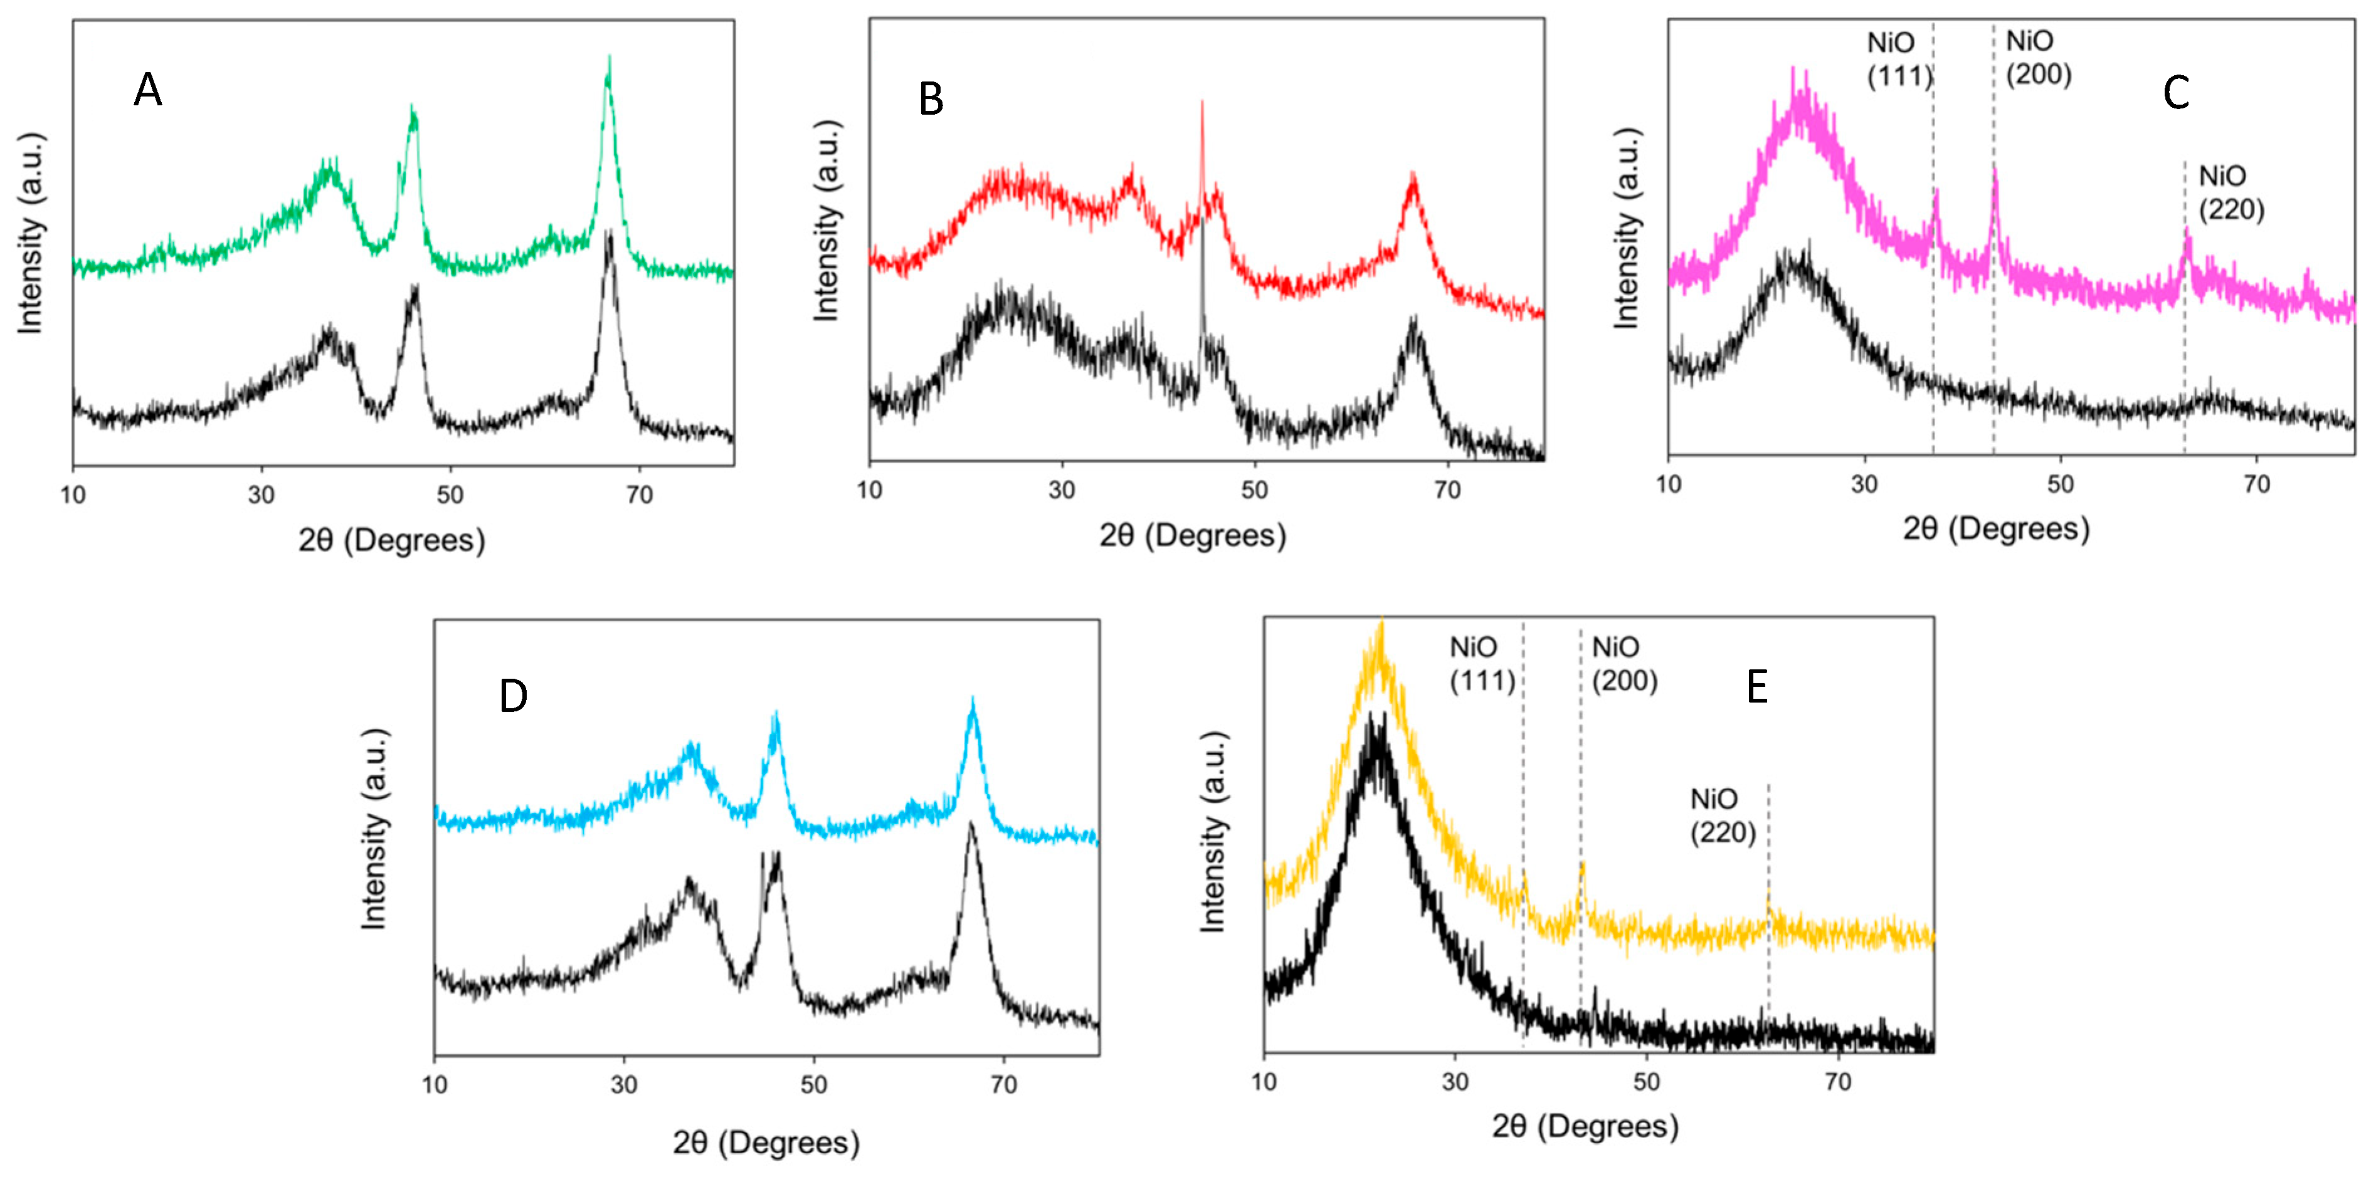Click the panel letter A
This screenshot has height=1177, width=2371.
tap(147, 90)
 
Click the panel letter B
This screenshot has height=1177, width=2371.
tap(931, 100)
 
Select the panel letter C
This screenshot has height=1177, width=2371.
tap(2176, 93)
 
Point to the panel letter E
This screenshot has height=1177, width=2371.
tap(1757, 686)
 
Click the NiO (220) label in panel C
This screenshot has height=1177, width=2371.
tap(2231, 193)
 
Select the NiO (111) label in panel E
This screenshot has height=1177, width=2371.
tap(1482, 664)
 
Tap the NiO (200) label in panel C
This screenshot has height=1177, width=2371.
tap(2039, 57)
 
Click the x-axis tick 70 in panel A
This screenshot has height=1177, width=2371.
tap(639, 495)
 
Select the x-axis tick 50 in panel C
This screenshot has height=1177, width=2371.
tap(2060, 484)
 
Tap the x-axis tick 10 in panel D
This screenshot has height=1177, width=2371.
tap(435, 1085)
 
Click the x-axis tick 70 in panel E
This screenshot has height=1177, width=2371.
tap(1837, 1081)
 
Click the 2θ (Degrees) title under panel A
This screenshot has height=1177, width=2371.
tap(391, 540)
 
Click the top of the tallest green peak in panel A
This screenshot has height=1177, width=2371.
tap(608, 57)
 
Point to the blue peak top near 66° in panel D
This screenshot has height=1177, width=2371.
tap(972, 699)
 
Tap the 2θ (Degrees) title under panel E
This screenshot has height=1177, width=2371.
tap(1585, 1126)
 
